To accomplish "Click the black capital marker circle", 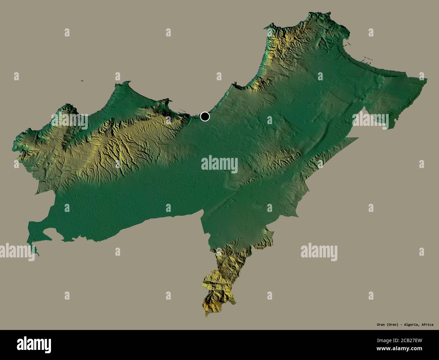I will [205, 116].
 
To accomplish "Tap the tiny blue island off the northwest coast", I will [82, 81].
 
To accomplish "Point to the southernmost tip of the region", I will [206, 316].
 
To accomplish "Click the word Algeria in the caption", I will [411, 325].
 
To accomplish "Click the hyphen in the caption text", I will [400, 325].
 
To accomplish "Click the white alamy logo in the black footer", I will [34, 345].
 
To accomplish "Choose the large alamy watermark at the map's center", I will [219, 164].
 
